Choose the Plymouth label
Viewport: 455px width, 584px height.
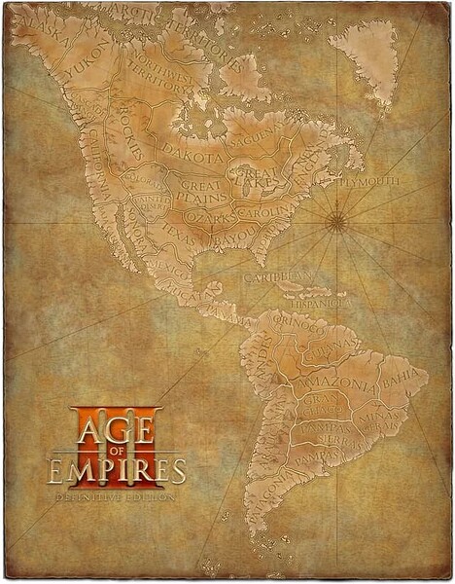click(x=372, y=181)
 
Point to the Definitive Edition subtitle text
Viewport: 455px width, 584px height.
click(x=117, y=494)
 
